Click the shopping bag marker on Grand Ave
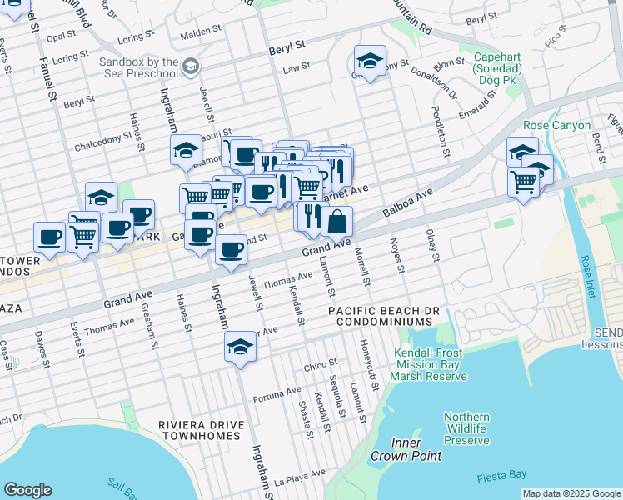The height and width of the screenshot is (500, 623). pyautogui.click(x=337, y=222)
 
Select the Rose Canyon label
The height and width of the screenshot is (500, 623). pyautogui.click(x=557, y=126)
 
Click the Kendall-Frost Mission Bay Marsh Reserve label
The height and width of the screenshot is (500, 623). pyautogui.click(x=430, y=364)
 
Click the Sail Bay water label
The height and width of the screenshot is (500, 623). pyautogui.click(x=122, y=483)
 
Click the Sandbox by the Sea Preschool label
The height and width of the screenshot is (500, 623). pyautogui.click(x=138, y=67)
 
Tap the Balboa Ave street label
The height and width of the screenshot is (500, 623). pyautogui.click(x=409, y=204)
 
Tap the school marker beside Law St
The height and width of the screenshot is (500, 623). pyautogui.click(x=370, y=61)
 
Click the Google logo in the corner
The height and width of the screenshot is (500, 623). pyautogui.click(x=27, y=490)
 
